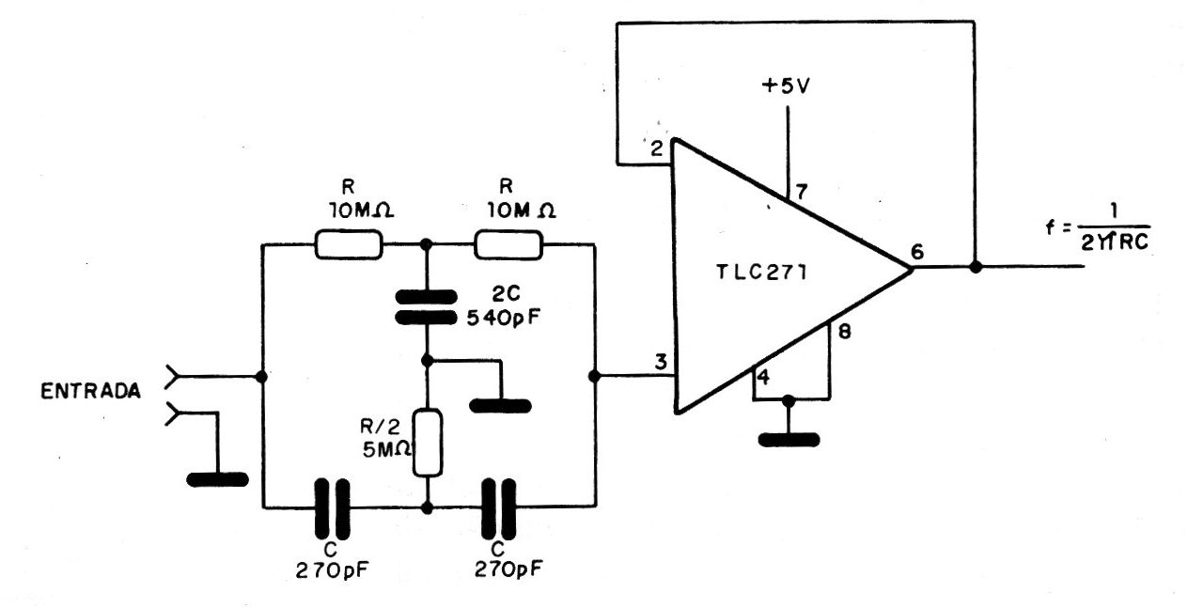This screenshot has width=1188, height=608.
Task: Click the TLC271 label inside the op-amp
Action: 761,273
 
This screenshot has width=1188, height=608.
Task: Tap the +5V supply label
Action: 786,86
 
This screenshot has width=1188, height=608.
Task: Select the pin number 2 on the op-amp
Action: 657,149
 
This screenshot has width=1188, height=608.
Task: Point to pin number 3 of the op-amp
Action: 661,363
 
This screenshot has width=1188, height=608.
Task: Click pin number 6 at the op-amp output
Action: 917,252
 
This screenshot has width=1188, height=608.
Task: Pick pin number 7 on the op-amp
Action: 801,192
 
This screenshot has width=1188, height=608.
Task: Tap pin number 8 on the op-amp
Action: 845,333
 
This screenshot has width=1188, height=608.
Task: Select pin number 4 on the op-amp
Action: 763,378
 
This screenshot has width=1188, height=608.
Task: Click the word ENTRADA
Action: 90,391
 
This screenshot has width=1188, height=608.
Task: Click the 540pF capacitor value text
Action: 504,318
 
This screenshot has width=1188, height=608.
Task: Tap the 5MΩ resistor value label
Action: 386,449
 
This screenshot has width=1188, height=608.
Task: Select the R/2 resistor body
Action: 428,443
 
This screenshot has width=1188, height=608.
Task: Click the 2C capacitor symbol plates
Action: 427,307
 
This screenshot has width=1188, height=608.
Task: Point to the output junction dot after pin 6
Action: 976,267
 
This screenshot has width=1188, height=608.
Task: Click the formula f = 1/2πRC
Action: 1097,228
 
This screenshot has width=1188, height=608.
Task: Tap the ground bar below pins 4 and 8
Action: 789,440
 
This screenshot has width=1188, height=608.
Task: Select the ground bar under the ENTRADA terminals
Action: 217,479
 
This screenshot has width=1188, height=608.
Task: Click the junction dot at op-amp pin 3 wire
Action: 595,376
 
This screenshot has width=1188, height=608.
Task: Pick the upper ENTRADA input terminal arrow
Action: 173,376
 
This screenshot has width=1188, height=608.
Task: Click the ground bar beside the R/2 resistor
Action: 500,406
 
